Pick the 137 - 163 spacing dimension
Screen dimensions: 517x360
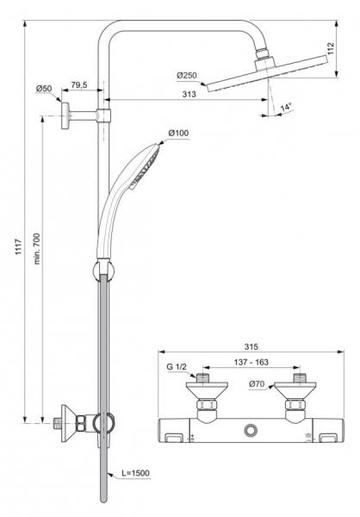[250, 364]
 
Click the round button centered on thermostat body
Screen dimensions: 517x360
[251, 429]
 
